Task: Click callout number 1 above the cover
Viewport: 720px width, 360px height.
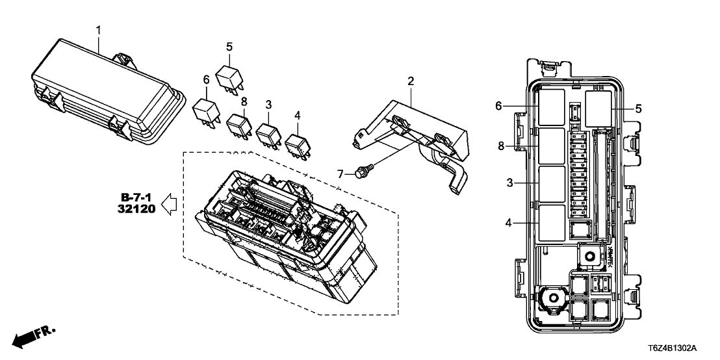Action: coord(99,30)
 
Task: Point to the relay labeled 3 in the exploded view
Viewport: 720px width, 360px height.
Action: coord(268,135)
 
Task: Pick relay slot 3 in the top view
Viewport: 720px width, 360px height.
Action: coord(551,185)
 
